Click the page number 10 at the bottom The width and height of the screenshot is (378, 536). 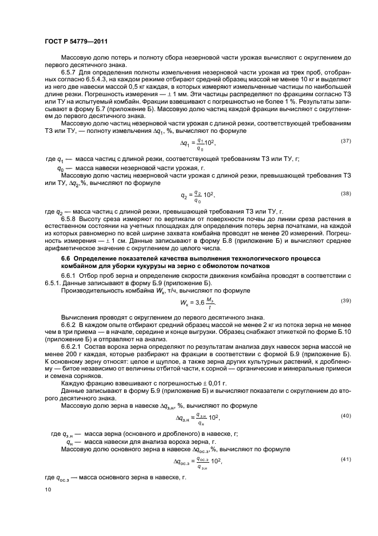47,490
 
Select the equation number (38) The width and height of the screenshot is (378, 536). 346,194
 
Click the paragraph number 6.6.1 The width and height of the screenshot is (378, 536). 70,277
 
